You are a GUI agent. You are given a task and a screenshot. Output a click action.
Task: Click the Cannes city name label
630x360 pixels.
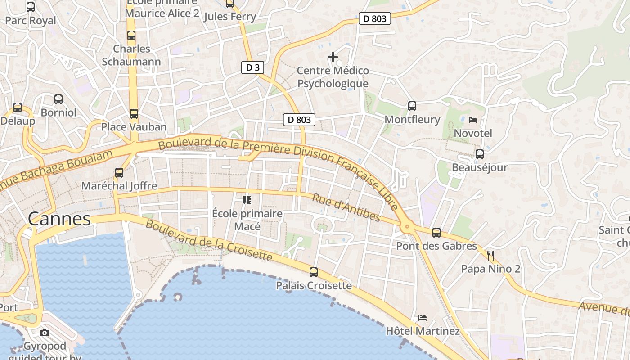tap(59, 219)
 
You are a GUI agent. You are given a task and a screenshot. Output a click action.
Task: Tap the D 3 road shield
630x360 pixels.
tap(252, 68)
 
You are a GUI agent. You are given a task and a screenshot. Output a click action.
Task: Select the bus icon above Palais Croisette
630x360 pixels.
tap(314, 272)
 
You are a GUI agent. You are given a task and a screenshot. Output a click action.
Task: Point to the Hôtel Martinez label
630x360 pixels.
tap(423, 331)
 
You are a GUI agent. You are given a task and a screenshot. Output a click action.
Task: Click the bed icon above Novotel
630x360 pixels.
tap(473, 120)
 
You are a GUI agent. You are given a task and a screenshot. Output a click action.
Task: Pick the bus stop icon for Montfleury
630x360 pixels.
tap(412, 106)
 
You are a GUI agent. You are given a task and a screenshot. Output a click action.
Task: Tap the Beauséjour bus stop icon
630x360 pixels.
tap(480, 154)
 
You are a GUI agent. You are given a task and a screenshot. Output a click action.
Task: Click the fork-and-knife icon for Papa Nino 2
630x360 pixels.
tap(490, 256)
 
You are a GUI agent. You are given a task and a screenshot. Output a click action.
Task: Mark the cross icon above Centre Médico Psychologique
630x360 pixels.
tap(333, 57)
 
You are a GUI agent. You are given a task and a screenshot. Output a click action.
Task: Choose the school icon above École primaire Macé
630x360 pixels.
tap(247, 200)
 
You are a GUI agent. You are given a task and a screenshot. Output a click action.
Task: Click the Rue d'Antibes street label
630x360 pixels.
tap(346, 208)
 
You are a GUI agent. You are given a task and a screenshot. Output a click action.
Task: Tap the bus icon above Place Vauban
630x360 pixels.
tap(134, 114)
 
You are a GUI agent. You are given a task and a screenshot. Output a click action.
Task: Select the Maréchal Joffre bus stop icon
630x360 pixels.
tap(119, 172)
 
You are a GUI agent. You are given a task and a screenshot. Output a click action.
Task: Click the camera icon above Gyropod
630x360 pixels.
tap(45, 333)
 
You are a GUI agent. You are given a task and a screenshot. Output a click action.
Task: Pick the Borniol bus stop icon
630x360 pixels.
tap(58, 99)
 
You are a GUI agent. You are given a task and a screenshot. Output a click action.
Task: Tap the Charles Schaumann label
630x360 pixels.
tap(131, 55)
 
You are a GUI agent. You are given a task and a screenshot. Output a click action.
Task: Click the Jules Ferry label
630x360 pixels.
tap(230, 17)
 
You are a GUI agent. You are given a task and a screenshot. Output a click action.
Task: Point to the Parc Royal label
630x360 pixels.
tap(31, 21)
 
